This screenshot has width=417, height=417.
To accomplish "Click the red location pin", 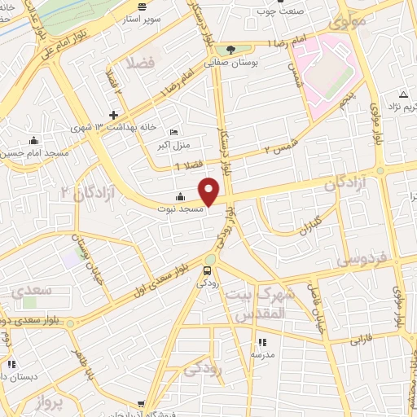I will (x=210, y=191).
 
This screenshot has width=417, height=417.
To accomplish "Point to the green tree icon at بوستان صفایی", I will (x=230, y=48).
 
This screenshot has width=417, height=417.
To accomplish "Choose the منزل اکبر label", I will (x=173, y=147).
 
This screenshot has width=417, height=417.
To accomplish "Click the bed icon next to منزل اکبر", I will (x=172, y=134).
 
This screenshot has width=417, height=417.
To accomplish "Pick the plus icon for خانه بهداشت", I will (x=113, y=114).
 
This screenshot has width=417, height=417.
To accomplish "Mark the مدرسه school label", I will (x=262, y=355).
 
